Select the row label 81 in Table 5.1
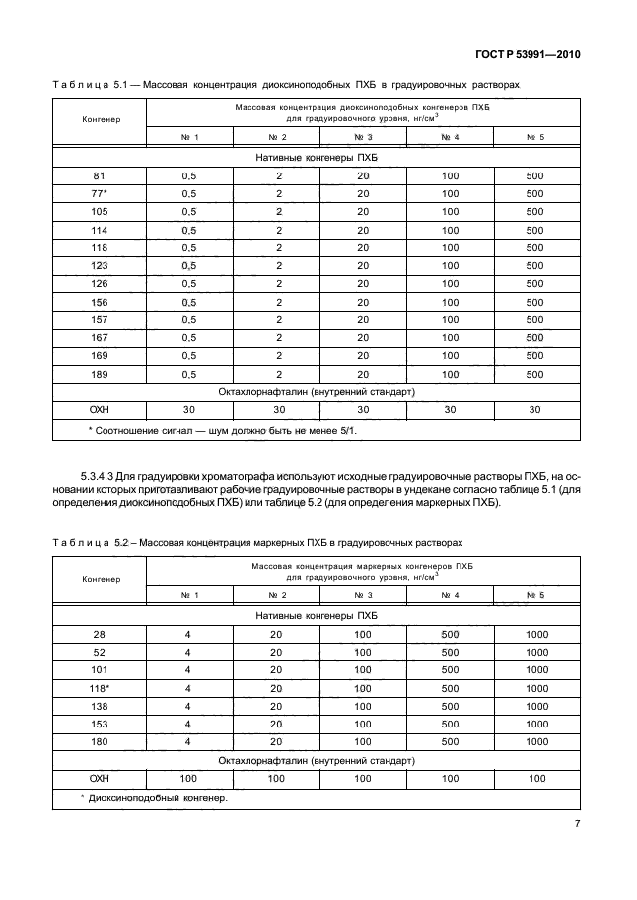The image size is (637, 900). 99,175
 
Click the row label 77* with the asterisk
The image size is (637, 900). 99,193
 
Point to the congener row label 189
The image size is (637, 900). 99,374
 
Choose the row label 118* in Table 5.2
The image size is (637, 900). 99,688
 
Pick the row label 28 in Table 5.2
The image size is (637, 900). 99,634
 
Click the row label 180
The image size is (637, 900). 99,742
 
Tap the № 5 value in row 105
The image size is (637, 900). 534,211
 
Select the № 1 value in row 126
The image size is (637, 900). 189,284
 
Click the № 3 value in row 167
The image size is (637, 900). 363,338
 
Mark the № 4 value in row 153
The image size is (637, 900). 450,725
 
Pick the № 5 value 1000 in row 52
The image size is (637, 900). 536,652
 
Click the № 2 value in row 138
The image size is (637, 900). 276,707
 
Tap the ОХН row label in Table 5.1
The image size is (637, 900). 99,410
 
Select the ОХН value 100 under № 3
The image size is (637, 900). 363,779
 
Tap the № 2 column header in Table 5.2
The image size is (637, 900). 276,595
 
